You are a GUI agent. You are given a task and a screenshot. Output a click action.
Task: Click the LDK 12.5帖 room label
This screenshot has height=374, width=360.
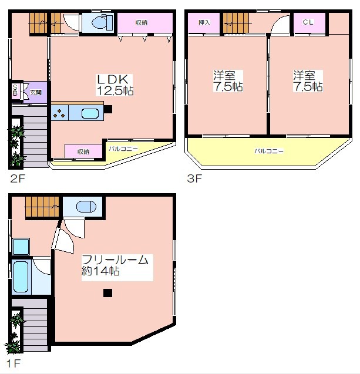tap(115, 85)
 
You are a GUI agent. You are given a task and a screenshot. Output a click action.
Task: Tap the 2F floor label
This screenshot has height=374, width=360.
tap(18, 178)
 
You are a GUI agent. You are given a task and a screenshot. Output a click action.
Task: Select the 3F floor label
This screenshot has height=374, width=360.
tap(194, 178)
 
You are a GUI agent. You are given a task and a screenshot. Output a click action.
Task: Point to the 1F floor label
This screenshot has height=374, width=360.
tap(14, 363)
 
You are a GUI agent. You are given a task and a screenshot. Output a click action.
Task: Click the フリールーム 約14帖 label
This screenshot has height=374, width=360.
tap(115, 265)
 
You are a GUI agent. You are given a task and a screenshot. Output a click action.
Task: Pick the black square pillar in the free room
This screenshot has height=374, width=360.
tap(108, 293)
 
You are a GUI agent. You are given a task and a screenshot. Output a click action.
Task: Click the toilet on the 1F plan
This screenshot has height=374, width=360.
tap(86, 207)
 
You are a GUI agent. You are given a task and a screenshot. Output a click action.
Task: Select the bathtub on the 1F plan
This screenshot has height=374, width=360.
tap(21, 277)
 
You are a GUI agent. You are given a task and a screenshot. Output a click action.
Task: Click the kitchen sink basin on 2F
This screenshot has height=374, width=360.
tap(90, 113)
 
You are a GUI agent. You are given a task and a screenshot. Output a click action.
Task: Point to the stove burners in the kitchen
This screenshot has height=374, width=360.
tap(59, 113)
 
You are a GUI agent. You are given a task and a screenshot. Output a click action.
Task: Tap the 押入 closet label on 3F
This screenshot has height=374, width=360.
tap(204, 22)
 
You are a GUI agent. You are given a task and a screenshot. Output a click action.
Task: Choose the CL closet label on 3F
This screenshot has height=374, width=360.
tap(308, 22)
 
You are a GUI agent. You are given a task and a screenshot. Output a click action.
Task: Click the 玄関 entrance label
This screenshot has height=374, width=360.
tap(36, 92)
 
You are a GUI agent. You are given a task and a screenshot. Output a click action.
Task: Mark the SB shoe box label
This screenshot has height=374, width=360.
tap(15, 90)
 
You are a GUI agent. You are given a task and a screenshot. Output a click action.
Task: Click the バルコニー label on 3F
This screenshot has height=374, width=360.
tap(269, 151)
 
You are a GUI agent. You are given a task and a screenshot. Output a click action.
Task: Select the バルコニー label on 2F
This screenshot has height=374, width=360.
tap(123, 149)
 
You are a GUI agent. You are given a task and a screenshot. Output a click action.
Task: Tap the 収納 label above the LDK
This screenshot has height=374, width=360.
tap(142, 23)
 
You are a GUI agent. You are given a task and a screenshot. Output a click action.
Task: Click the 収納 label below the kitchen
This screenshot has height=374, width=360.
tap(83, 151)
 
